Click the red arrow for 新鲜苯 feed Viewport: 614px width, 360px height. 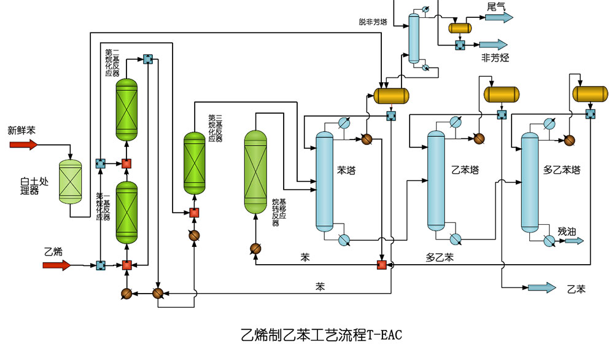point(23,145)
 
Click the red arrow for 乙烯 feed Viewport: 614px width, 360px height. point(56,265)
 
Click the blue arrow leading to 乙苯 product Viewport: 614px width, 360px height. point(541,288)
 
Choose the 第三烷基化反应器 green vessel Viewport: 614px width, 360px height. point(196,164)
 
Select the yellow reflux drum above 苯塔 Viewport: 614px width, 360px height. point(391,95)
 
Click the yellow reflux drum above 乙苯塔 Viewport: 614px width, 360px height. point(502,94)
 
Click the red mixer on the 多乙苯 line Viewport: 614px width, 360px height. point(381,265)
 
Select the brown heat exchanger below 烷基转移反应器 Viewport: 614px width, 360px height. point(255,248)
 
